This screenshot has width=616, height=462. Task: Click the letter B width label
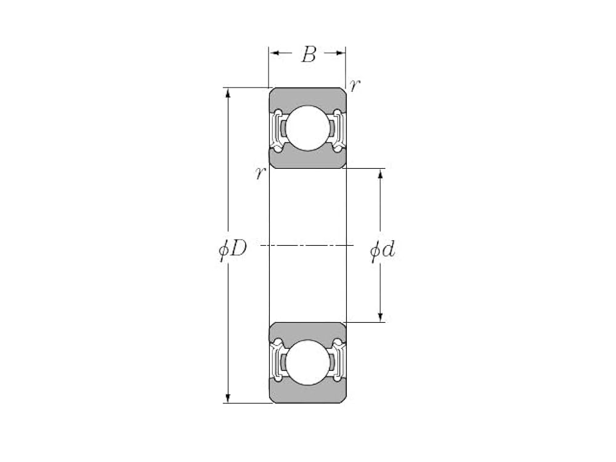pyautogui.click(x=309, y=54)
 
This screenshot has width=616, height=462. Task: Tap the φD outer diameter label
pyautogui.click(x=233, y=249)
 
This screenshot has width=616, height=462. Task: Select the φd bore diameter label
pyautogui.click(x=383, y=249)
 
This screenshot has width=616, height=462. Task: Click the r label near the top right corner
pyautogui.click(x=355, y=85)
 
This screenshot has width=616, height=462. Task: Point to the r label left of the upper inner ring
pyautogui.click(x=260, y=172)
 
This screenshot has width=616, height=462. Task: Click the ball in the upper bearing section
pyautogui.click(x=307, y=128)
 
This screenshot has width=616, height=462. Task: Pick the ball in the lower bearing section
pyautogui.click(x=307, y=362)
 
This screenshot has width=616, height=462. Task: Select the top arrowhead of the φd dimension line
pyautogui.click(x=380, y=174)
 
